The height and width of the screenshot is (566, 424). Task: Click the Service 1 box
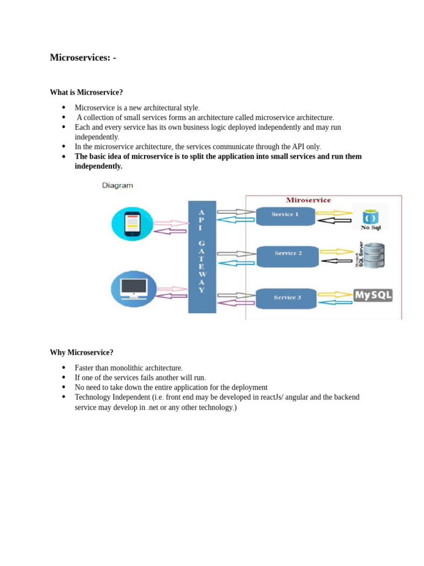(x=285, y=215)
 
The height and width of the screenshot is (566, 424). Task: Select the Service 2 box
(x=288, y=254)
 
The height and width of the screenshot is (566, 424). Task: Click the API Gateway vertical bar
(x=202, y=257)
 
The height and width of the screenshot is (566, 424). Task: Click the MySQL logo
(x=373, y=295)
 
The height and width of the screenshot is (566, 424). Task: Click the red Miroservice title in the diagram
(x=308, y=200)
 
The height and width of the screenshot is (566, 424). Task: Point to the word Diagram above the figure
(x=118, y=186)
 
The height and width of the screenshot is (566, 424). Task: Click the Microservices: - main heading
(x=83, y=57)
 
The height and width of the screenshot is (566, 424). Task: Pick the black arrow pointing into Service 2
(x=336, y=260)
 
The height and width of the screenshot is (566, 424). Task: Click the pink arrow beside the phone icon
(x=171, y=223)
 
